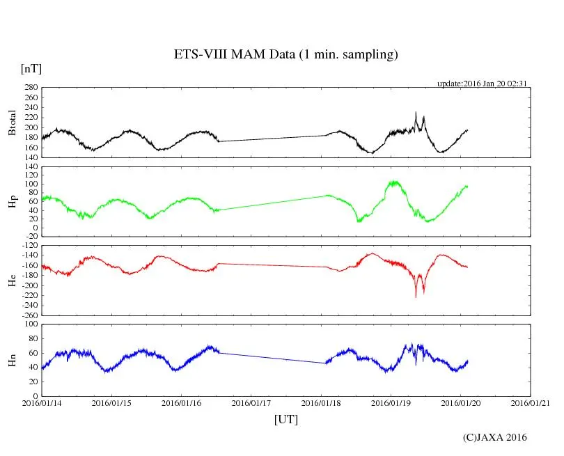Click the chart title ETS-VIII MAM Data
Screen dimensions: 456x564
point(285,55)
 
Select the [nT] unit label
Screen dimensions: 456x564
point(31,68)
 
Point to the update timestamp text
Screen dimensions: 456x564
point(481,84)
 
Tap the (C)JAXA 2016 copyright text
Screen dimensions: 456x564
point(495,437)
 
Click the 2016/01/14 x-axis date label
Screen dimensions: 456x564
point(42,403)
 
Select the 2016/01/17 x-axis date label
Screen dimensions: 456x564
point(251,403)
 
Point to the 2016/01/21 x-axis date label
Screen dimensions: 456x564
point(531,403)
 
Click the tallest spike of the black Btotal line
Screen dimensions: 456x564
point(416,112)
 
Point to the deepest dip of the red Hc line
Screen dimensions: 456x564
point(416,297)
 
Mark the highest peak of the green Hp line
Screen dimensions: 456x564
point(394,182)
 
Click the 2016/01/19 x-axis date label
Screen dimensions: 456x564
point(391,403)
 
